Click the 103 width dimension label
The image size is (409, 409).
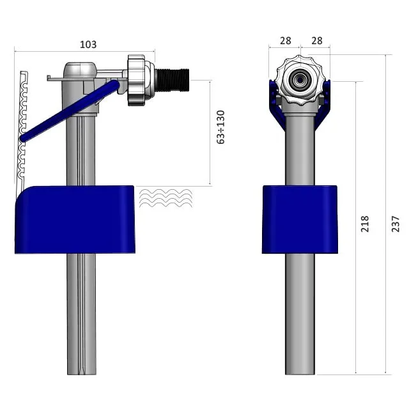click(x=88, y=45)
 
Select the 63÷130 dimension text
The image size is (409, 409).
click(x=221, y=127)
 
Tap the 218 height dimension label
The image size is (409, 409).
click(x=365, y=224)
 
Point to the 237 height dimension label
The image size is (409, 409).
click(x=396, y=223)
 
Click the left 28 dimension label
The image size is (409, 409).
click(x=285, y=40)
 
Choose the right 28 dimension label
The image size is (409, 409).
click(x=316, y=40)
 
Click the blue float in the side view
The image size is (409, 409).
click(x=74, y=219)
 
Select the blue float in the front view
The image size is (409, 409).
click(x=300, y=219)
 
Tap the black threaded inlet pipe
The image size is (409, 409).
click(x=171, y=81)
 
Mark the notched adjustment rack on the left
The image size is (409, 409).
click(x=23, y=128)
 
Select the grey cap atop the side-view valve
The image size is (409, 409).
click(x=80, y=69)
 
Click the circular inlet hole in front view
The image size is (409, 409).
click(x=299, y=81)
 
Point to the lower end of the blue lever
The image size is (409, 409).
click(x=24, y=137)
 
